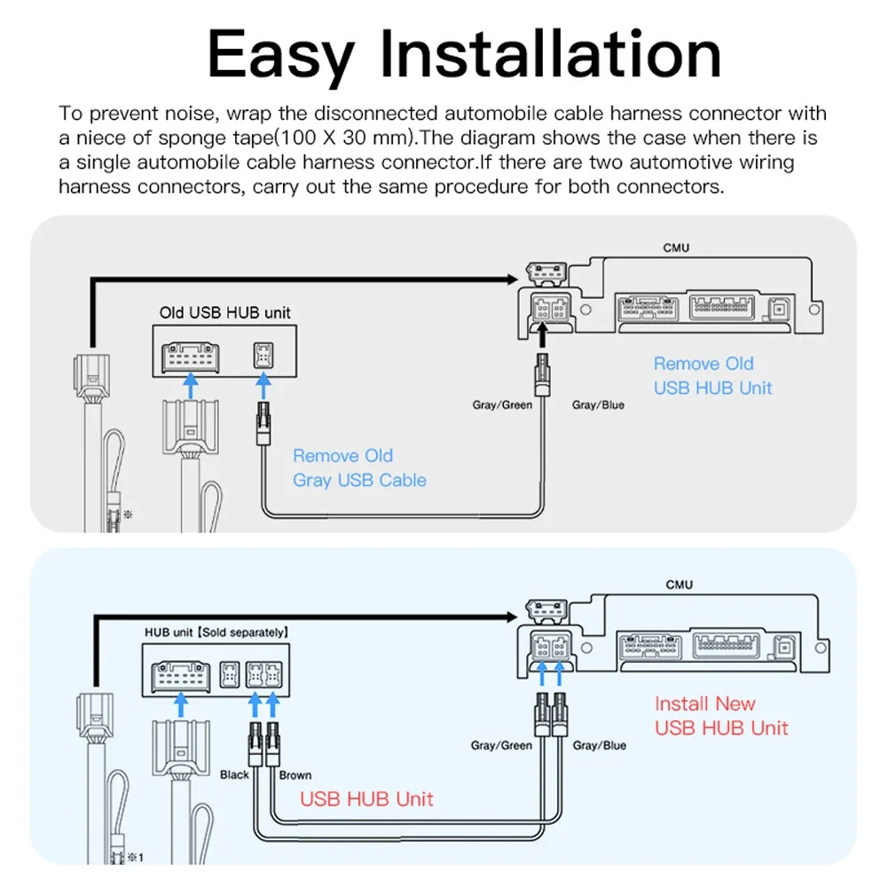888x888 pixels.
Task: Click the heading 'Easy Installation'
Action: click(464, 55)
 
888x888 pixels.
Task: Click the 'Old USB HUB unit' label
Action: click(224, 312)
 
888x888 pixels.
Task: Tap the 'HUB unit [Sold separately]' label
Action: click(216, 633)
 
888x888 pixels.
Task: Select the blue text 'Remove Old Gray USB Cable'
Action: click(359, 468)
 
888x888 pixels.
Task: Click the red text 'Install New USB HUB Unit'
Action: click(720, 716)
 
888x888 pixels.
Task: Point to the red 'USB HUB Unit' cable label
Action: click(366, 798)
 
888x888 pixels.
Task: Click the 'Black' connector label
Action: click(234, 774)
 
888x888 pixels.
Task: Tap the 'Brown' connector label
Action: click(295, 774)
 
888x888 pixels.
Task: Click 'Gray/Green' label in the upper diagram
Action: click(502, 405)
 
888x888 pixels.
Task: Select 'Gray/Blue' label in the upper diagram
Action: click(598, 405)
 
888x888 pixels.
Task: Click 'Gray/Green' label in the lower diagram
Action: click(502, 745)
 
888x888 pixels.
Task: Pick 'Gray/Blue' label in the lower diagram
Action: click(599, 745)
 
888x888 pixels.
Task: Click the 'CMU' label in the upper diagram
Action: click(676, 248)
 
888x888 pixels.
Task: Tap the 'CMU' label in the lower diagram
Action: click(679, 585)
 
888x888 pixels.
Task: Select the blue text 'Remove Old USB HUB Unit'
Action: click(712, 375)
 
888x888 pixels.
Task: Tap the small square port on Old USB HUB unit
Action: click(263, 355)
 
